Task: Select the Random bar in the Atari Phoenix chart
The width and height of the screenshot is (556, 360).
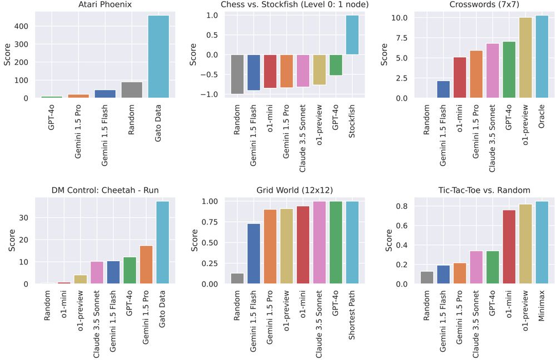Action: [132, 90]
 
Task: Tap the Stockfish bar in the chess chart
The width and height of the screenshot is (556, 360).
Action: [353, 34]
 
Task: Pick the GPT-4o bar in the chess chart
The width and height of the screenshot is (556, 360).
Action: [336, 65]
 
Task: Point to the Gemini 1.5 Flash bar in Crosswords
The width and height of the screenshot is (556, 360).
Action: [443, 89]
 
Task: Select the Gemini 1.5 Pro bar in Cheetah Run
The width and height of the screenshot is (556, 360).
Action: [146, 264]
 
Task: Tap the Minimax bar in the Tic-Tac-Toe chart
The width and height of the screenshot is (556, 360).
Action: [542, 242]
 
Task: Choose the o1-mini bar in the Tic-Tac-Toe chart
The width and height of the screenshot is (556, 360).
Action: [509, 247]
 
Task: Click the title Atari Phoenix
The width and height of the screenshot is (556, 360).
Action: [105, 5]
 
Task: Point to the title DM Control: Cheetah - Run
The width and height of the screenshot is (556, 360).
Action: [105, 190]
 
